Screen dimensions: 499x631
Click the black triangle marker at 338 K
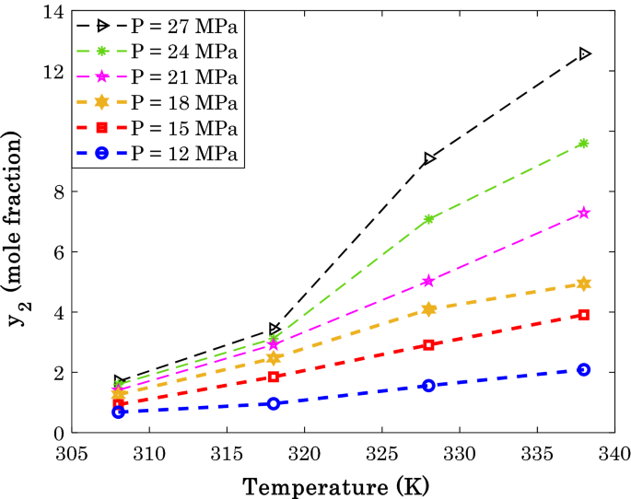[x=584, y=54]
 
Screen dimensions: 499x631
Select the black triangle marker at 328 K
[x=428, y=159]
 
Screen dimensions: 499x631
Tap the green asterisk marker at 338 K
[x=584, y=143]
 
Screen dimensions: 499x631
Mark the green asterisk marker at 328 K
[x=428, y=219]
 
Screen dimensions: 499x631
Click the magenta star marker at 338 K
[x=584, y=213]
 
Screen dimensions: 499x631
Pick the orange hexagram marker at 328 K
[x=428, y=309]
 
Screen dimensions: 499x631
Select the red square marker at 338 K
[x=584, y=315]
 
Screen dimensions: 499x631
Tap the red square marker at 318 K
[x=274, y=377]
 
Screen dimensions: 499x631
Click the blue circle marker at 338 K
[x=584, y=369]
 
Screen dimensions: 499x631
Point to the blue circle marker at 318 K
[x=274, y=403]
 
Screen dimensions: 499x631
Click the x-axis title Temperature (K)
[x=335, y=483]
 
